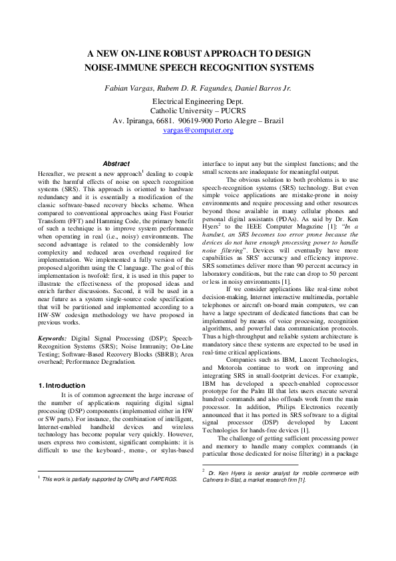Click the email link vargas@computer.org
tap(198, 131)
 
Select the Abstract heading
tap(116, 163)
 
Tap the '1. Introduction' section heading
tap(61, 385)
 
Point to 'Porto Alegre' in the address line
tap(234, 121)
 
